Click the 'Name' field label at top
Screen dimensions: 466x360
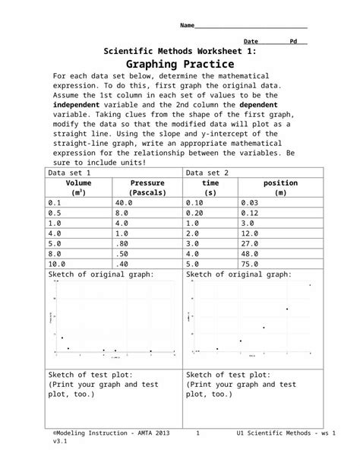187,26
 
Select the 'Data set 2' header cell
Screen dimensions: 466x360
208,173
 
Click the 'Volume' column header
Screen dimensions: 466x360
78,183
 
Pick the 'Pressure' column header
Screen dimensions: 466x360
147,183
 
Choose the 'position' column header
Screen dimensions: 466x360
280,183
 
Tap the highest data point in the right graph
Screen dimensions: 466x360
309,285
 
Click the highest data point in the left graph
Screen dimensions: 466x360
62,338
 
